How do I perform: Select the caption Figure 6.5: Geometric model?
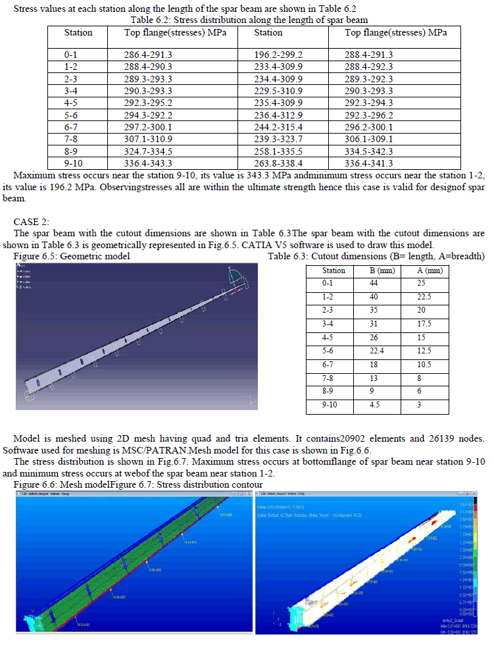72,255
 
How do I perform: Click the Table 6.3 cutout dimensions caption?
376,255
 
